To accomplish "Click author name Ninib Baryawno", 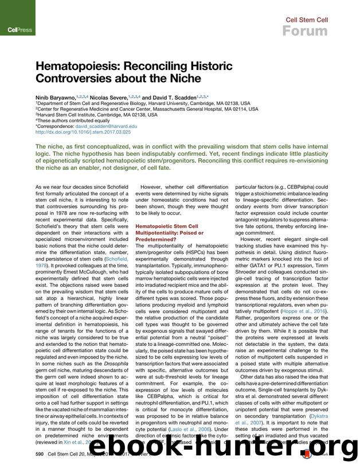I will click(x=55, y=97).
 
